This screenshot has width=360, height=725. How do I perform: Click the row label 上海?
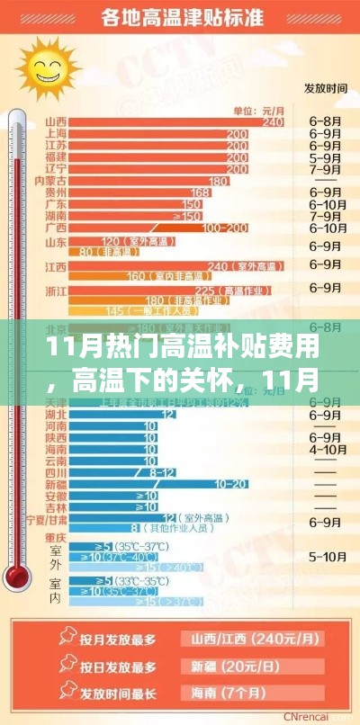tap(55, 133)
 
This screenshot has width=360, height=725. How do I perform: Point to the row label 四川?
tap(55, 471)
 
